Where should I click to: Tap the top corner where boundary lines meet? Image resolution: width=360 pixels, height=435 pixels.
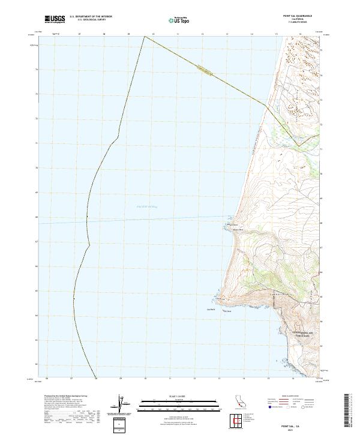coord(145,36)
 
